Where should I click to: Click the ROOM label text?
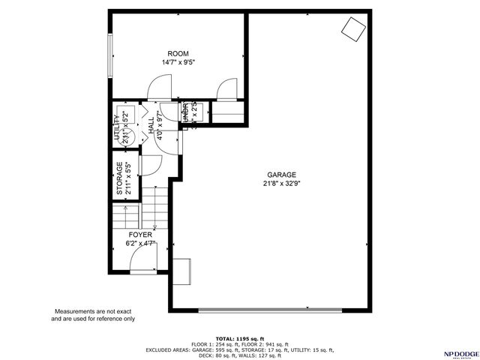[178, 53]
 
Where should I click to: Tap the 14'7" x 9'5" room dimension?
[178, 62]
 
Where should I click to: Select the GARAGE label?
[278, 174]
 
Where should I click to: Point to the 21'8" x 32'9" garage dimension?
[278, 183]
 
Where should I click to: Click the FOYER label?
[140, 235]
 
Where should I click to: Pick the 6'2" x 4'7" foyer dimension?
[140, 243]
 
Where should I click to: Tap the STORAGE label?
[119, 179]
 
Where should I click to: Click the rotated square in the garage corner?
[352, 29]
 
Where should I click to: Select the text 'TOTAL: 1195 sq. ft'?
[240, 338]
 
